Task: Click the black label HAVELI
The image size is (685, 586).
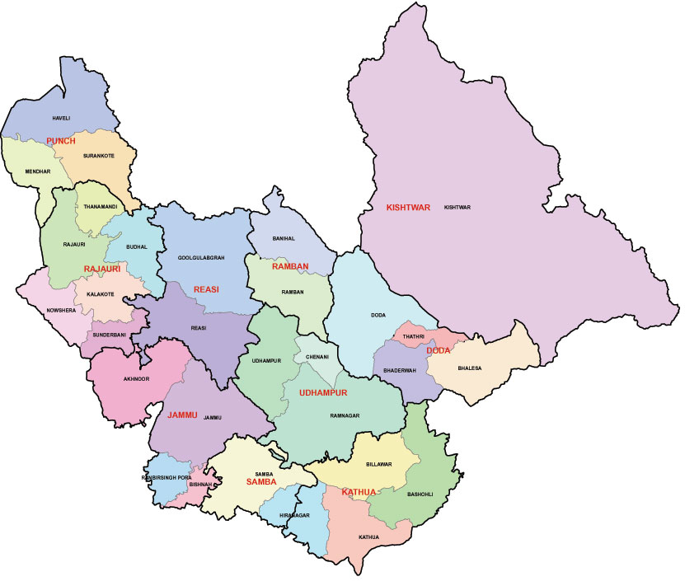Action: [62, 119]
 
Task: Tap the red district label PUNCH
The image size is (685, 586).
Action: [61, 142]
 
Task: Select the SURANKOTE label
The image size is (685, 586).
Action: [101, 155]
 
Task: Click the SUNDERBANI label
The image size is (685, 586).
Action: [107, 336]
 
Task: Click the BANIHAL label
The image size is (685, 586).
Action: [284, 239]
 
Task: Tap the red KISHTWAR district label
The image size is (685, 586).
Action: [408, 208]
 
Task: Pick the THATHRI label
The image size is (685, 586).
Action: [413, 336]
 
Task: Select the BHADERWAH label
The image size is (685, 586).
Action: [401, 373]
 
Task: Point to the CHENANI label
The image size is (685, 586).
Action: [317, 357]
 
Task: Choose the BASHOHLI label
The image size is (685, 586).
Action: [422, 495]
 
